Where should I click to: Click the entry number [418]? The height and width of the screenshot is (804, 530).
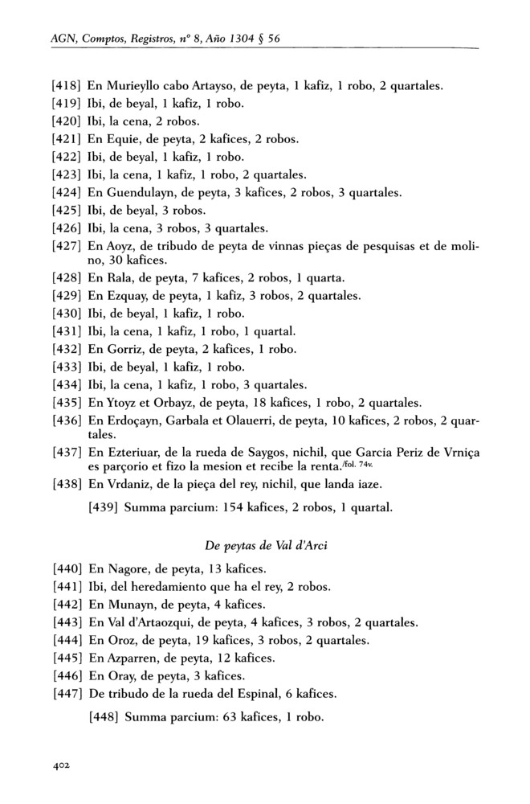(x=66, y=86)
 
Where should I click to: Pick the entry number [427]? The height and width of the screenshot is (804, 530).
(x=66, y=244)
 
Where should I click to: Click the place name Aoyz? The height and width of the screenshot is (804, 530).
(x=119, y=244)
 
